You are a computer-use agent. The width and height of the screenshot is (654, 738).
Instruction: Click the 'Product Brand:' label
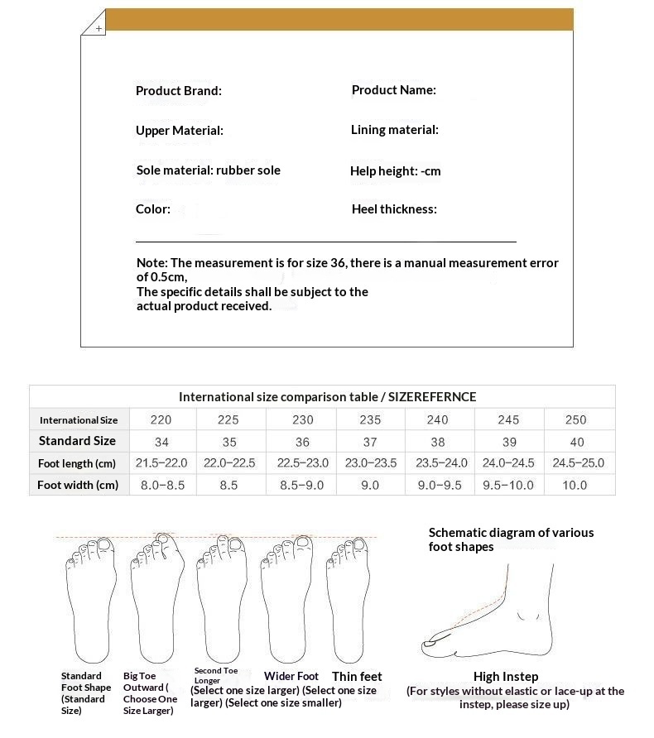click(x=178, y=91)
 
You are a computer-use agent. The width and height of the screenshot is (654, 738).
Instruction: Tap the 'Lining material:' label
click(x=394, y=130)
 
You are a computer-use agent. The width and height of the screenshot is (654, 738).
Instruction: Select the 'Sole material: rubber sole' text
click(x=208, y=170)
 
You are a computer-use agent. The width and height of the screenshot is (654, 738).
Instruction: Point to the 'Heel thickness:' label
click(x=393, y=209)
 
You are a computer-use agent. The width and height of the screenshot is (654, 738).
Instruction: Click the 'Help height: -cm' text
click(x=395, y=171)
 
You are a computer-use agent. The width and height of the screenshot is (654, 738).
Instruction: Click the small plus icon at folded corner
click(x=99, y=28)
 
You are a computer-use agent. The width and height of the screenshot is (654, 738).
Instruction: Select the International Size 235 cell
click(x=370, y=419)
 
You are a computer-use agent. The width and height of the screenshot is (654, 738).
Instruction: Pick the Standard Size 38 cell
click(x=438, y=441)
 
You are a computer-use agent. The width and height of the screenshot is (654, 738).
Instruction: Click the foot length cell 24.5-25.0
click(x=578, y=462)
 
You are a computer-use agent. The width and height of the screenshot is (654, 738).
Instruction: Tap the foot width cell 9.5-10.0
click(x=508, y=485)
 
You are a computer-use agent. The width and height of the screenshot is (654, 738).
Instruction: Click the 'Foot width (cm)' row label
click(x=78, y=485)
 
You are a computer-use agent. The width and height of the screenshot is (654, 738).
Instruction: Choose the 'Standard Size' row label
click(x=77, y=441)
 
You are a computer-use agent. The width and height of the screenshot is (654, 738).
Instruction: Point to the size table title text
click(x=327, y=397)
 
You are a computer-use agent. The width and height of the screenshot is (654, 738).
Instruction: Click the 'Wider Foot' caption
click(x=291, y=676)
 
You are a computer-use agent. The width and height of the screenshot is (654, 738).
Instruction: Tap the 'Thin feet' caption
click(x=357, y=676)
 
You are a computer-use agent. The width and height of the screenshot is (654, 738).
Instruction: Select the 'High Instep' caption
click(x=505, y=677)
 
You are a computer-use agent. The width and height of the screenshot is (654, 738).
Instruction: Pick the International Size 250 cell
click(x=575, y=419)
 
